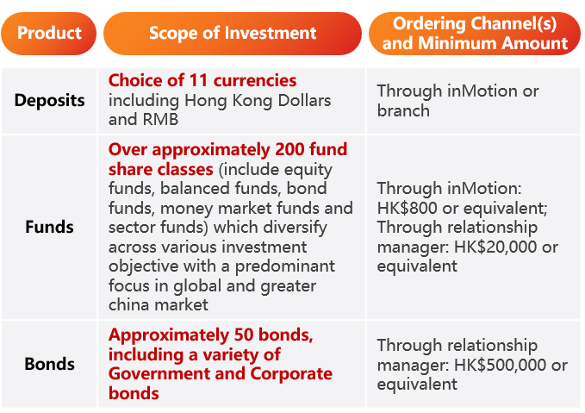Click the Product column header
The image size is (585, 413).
coord(49,34)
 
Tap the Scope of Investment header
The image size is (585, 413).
coord(233,34)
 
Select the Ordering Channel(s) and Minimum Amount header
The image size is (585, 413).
coord(475,34)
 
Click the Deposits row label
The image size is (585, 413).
coord(50,101)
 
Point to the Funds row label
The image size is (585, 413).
coord(49,227)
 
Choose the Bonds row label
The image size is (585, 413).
coord(50,364)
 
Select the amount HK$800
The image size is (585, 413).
coord(407,208)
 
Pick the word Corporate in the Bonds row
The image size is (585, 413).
coord(291,374)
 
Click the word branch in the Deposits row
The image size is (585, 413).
coord(403,111)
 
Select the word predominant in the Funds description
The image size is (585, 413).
coord(284,266)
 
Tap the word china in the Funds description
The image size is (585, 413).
coord(126,305)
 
